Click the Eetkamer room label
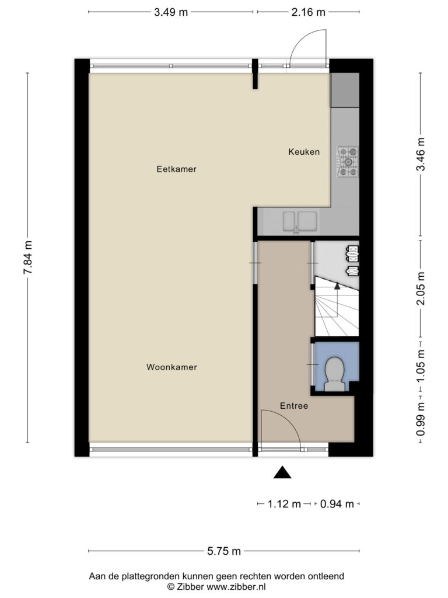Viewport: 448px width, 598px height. coord(176,169)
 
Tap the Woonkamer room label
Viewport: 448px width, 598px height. coord(172,367)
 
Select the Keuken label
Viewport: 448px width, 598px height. coord(304,152)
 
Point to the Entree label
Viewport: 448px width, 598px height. coord(294,406)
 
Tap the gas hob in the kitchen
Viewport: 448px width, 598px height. coord(348,162)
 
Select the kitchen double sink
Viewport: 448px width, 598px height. coord(300,221)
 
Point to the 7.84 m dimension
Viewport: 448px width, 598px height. coord(28,258)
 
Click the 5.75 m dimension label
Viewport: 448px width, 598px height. coord(224,551)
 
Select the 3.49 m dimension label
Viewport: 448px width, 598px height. coord(171,12)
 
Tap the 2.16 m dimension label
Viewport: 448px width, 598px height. coord(309,12)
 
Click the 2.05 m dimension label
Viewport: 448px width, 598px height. coord(421,288)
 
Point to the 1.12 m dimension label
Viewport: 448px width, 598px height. coord(284,504)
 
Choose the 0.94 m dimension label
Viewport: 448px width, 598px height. coord(337,504)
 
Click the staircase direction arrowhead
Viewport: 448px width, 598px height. coord(337,286)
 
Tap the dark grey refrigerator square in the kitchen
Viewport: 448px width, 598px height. coord(345,90)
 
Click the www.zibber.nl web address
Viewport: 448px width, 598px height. coord(236,586)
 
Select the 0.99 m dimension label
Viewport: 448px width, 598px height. coord(421,419)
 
